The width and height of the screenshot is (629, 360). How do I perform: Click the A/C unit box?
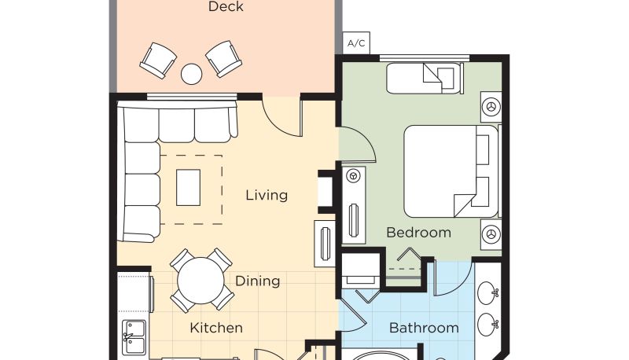tap(356, 43)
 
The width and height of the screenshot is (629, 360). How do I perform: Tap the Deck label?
tap(226, 6)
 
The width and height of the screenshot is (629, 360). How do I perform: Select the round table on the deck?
tap(191, 74)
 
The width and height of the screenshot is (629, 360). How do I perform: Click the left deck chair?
tap(158, 61)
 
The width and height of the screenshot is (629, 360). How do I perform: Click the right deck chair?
tap(224, 58)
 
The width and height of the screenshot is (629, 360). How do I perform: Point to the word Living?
tap(267, 195)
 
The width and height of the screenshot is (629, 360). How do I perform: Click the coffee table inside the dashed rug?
tap(188, 188)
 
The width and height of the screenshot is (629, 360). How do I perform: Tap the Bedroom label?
tap(419, 233)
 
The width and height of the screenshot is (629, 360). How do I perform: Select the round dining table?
tap(200, 281)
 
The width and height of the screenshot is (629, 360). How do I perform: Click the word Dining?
tap(258, 281)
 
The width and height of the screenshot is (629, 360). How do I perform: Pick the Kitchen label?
tap(216, 328)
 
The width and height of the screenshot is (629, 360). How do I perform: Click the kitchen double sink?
tap(134, 337)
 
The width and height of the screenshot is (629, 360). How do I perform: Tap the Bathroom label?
tap(424, 328)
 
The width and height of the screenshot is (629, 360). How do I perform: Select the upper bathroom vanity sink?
tap(487, 292)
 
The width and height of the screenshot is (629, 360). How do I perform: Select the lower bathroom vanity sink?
tap(487, 325)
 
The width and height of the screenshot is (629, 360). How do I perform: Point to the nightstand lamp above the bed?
tap(491, 107)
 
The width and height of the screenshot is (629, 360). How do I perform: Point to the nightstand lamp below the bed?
tap(491, 233)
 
